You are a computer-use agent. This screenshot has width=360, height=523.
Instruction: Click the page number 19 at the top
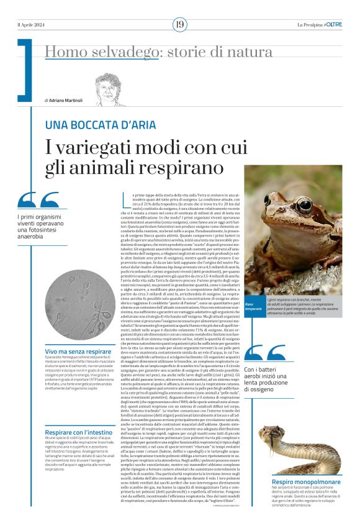tap(179, 25)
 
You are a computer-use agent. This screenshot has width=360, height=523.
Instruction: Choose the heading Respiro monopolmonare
tap(299, 465)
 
